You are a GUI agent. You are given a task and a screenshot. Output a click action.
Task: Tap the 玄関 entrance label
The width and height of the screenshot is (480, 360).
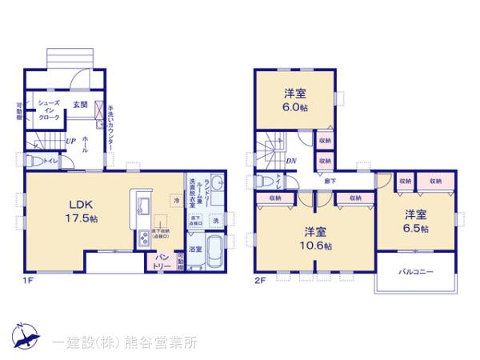coord(81,105)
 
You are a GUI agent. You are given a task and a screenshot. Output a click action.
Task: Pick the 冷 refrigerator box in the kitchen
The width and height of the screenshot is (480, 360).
coord(175,200)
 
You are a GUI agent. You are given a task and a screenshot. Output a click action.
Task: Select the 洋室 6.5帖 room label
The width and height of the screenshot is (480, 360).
coord(414,221)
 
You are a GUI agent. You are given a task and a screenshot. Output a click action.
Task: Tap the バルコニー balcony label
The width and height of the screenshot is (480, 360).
coord(416,272)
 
